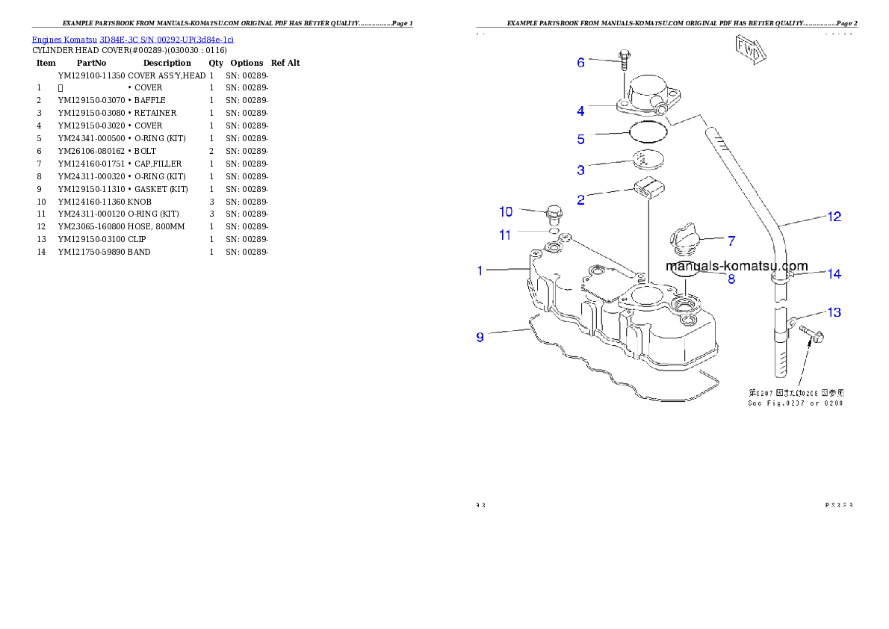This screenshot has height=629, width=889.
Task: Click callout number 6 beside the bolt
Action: [580, 62]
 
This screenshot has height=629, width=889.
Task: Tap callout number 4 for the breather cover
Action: [580, 111]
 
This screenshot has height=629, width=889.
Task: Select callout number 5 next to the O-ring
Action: [580, 140]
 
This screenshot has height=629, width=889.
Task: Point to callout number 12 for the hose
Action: [834, 217]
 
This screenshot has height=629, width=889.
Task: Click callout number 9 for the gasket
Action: [480, 337]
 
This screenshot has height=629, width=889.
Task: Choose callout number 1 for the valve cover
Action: [480, 270]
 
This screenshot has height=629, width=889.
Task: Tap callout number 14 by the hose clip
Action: [834, 274]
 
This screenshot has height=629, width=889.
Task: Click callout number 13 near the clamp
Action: [834, 312]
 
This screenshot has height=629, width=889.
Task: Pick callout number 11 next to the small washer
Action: [506, 235]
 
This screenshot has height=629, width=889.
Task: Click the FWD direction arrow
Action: [751, 51]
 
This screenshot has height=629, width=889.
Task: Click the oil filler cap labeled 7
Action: [685, 240]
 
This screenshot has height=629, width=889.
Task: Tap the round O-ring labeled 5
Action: [648, 132]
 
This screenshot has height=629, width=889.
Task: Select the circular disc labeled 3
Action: [647, 160]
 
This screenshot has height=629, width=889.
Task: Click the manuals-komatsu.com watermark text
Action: [737, 266]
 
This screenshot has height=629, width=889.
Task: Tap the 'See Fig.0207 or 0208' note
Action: [795, 403]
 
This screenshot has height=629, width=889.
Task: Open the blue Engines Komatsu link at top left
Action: [132, 40]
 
